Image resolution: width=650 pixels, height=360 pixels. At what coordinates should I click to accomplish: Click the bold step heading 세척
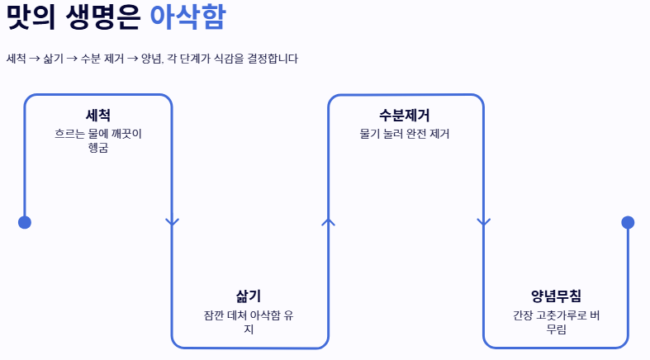click(98, 116)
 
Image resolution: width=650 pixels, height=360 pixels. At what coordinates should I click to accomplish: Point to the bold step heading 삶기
click(249, 296)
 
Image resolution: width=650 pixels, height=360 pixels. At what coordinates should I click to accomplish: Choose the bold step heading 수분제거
click(405, 116)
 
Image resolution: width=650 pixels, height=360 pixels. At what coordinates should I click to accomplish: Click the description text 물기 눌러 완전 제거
click(405, 133)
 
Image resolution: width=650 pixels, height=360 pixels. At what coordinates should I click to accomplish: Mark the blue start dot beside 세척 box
click(25, 222)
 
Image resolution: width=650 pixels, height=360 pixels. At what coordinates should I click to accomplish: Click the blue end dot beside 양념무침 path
click(628, 222)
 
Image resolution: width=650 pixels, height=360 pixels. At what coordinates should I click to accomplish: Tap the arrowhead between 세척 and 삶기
click(172, 221)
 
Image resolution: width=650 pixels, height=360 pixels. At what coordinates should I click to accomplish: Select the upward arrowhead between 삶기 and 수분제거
click(328, 221)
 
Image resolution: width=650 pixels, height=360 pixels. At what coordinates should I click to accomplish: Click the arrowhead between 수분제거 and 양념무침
click(484, 221)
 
